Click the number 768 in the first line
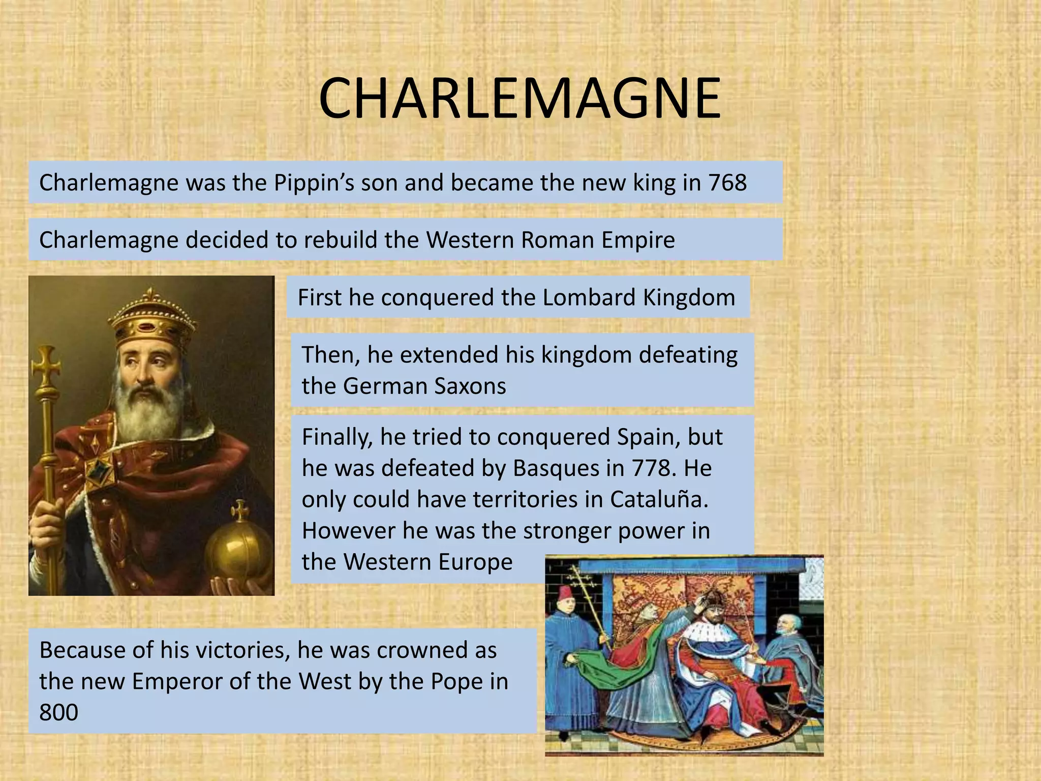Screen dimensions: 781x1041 (728, 183)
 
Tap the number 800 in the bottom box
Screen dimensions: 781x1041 (59, 712)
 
